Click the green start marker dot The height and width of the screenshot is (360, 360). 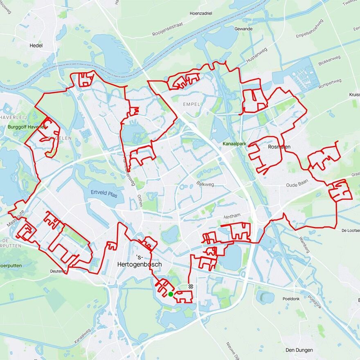click(170, 294)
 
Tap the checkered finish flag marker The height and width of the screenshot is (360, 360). click(191, 286)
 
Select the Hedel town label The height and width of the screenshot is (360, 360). click(36, 45)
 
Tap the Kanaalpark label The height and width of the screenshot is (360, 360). click(235, 144)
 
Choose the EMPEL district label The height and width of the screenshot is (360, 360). click(191, 104)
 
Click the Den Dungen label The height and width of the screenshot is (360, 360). click(299, 350)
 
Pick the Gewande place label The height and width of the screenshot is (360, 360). click(243, 29)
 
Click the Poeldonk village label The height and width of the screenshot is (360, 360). click(291, 299)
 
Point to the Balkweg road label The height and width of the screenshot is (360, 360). click(205, 184)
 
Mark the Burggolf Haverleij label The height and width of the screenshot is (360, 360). click(25, 127)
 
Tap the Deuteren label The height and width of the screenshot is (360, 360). click(58, 271)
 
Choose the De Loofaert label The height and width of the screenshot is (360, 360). click(351, 231)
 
